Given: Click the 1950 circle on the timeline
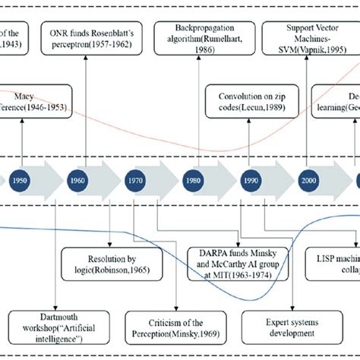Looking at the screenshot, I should tap(22, 182).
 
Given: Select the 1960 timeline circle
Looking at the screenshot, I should tap(77, 182).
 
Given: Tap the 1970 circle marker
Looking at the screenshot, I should tap(133, 182).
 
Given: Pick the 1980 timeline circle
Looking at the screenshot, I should tap(192, 182).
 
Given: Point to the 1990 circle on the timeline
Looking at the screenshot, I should tap(250, 182).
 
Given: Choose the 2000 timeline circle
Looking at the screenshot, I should tap(308, 182).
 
